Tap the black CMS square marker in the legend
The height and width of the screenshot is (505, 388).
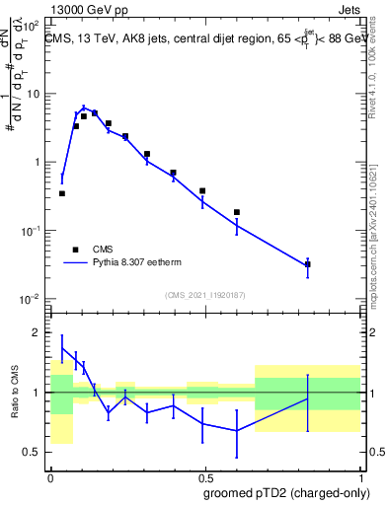click(75, 250)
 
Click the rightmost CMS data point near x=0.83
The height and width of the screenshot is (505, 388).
click(308, 264)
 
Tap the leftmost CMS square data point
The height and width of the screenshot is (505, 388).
click(61, 193)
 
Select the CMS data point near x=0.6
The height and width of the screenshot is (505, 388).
click(237, 212)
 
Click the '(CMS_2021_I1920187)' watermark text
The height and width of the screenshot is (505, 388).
click(204, 295)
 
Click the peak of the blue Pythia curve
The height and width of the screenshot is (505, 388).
click(84, 108)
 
